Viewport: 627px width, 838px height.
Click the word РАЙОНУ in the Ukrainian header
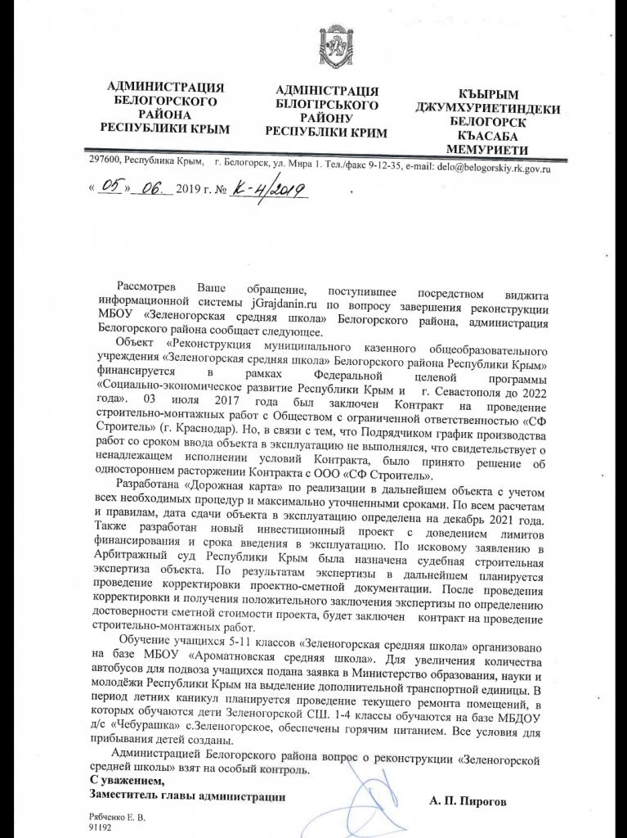click(x=325, y=118)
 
